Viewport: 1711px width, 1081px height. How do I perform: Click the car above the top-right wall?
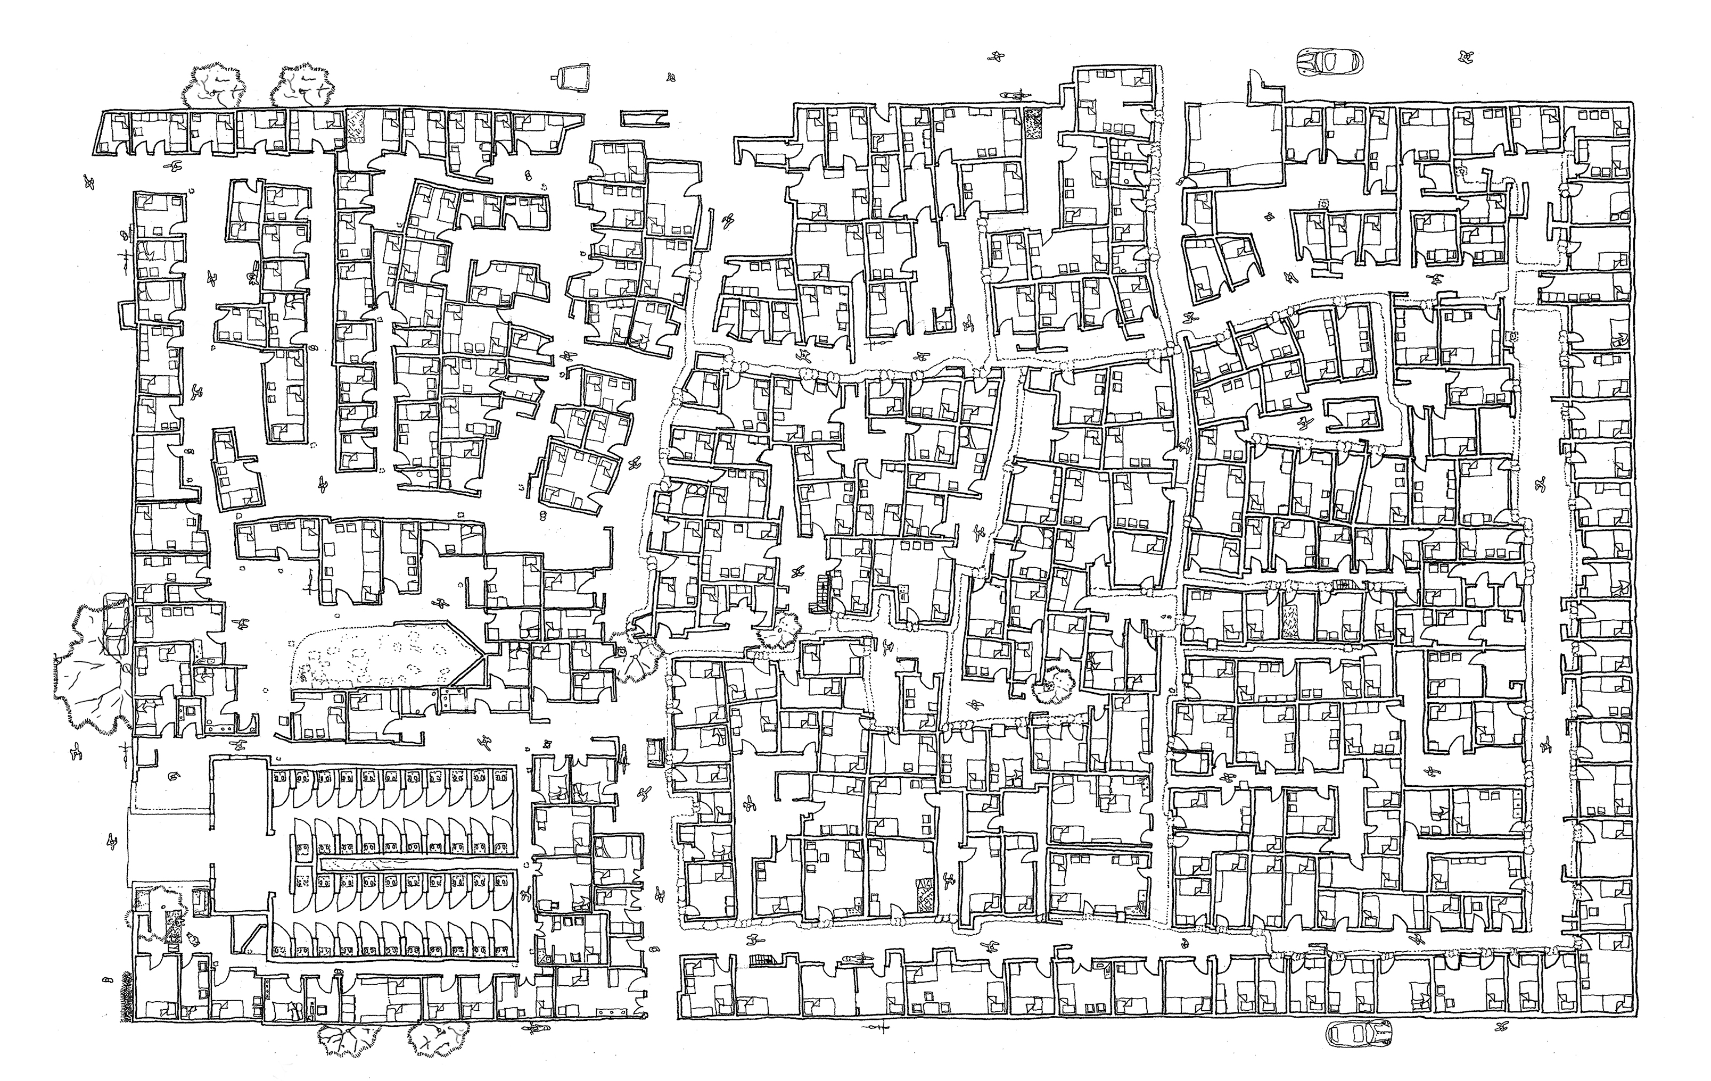click(1329, 62)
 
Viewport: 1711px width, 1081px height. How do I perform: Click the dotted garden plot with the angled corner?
click(384, 657)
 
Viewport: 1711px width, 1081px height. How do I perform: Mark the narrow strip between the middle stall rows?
click(416, 863)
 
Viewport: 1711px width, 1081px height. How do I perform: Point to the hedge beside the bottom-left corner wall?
click(128, 998)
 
